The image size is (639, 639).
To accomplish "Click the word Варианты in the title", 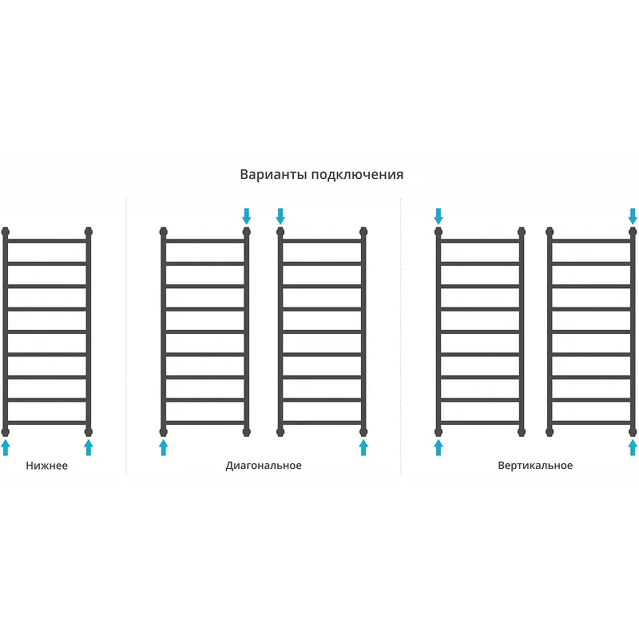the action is click(273, 174).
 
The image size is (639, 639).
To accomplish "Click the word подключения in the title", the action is click(357, 175).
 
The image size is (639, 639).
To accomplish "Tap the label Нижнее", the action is click(47, 466).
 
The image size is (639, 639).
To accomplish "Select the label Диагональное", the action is click(264, 466).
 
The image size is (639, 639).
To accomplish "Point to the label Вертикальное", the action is click(535, 466).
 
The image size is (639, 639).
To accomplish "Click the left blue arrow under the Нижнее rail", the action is click(6, 447).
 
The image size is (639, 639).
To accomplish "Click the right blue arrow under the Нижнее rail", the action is click(89, 447).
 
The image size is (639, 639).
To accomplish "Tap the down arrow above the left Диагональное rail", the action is click(246, 216).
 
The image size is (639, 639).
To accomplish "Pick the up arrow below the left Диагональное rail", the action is click(164, 447).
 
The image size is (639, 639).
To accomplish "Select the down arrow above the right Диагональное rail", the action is click(280, 216).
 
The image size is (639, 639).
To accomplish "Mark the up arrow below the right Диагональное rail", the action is click(363, 447).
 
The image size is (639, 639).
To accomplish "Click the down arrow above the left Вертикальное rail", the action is click(438, 216).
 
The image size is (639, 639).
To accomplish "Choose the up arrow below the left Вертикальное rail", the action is click(439, 447).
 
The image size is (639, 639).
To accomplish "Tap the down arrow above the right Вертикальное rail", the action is click(633, 216).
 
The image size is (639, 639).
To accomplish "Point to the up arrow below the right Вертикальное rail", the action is click(633, 447).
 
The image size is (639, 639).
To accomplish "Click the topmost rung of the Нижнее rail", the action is click(47, 241).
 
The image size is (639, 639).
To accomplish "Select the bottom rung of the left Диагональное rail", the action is click(205, 423).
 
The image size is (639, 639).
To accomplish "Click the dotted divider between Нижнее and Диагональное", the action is click(126, 336).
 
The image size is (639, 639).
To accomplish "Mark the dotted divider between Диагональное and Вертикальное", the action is click(401, 336).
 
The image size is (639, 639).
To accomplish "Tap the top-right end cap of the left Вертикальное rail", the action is click(522, 232).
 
